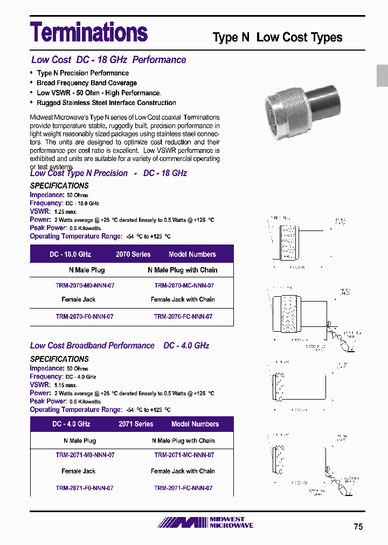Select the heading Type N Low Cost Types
[x=278, y=37]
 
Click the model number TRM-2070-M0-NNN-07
[x=85, y=285]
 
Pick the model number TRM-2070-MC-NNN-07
[x=184, y=285]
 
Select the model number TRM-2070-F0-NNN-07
[x=85, y=317]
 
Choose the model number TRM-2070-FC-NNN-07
[x=183, y=317]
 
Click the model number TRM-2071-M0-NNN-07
[x=85, y=455]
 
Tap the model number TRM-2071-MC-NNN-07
[x=184, y=455]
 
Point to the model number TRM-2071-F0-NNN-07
[x=85, y=488]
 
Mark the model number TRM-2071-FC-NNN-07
[x=183, y=488]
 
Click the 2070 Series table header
[x=133, y=254]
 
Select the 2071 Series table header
[x=136, y=424]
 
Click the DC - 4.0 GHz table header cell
[x=71, y=424]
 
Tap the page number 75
[x=358, y=527]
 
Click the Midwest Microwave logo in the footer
[x=205, y=522]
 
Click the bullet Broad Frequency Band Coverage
[x=86, y=83]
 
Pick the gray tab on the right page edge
[x=382, y=75]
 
